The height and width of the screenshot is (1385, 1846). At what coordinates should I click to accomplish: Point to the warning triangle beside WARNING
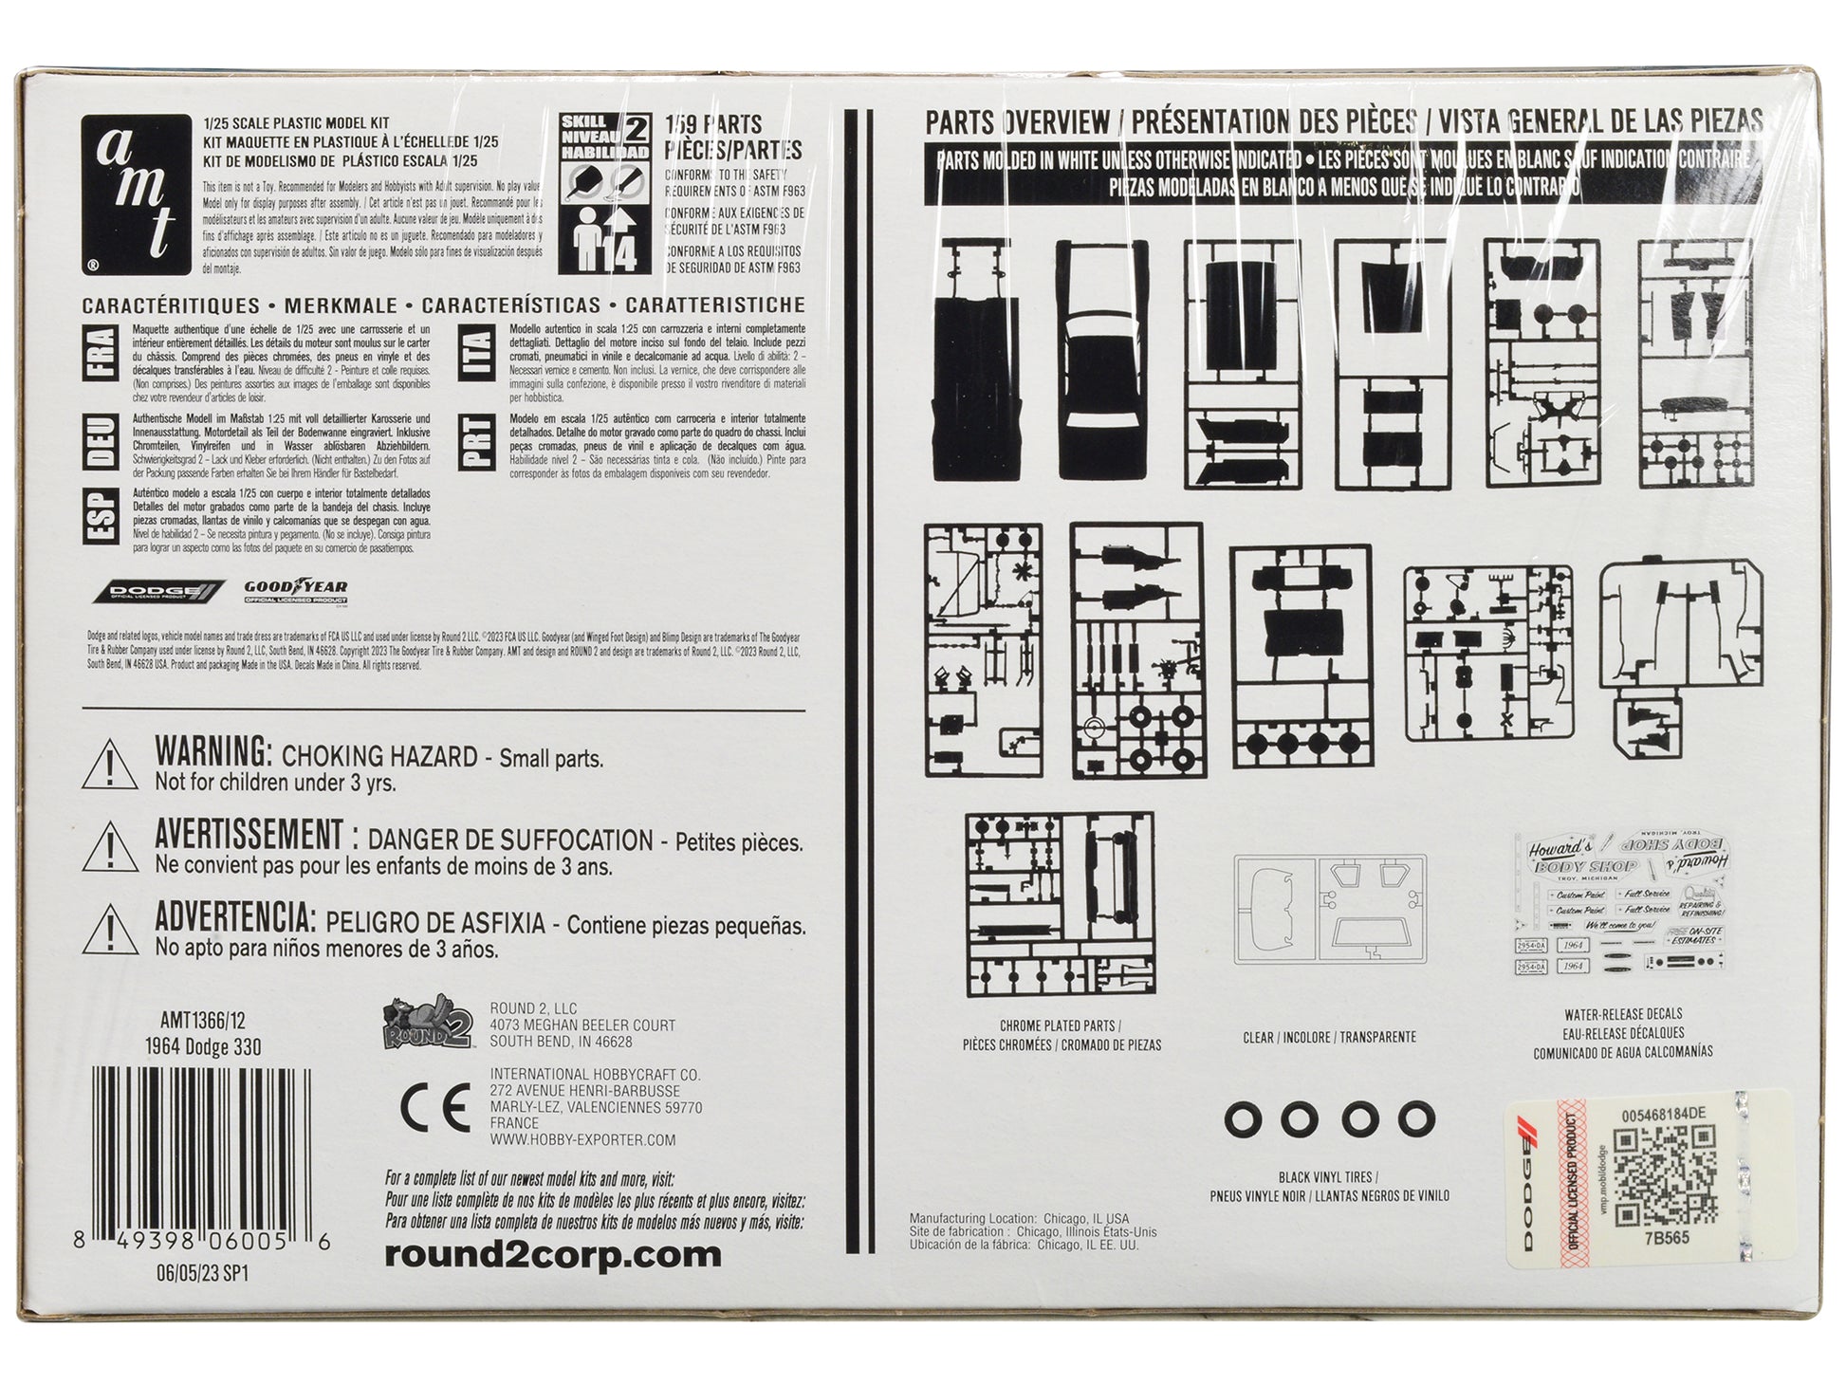111,767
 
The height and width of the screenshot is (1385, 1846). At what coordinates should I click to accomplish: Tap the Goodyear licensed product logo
296,592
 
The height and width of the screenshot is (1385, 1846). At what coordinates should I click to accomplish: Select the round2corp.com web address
553,1254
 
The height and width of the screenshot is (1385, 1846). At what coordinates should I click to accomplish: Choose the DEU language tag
102,442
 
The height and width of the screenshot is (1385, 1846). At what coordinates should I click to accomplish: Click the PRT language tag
478,442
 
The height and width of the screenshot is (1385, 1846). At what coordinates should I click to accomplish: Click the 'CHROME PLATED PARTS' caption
1060,1025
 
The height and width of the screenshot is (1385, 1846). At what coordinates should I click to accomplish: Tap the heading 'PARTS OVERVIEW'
1017,122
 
